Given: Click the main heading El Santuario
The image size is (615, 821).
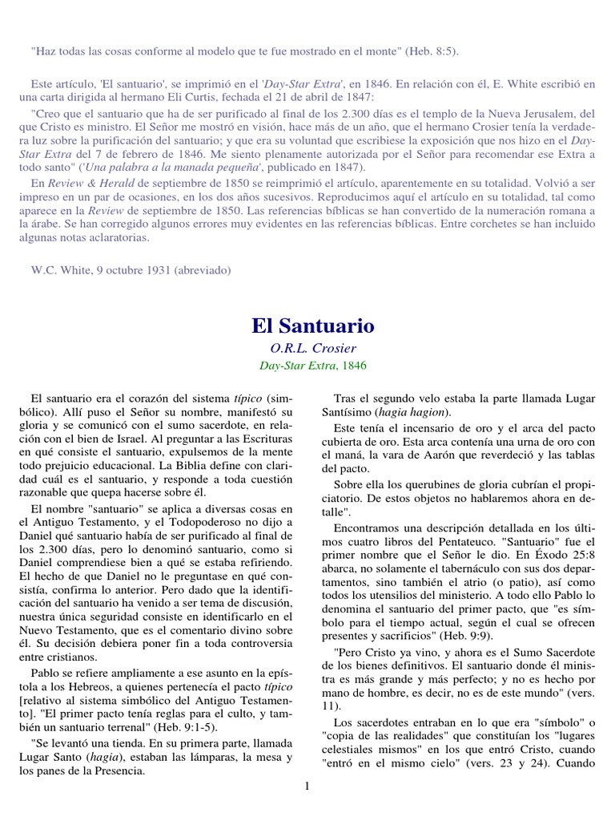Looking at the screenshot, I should pyautogui.click(x=312, y=326).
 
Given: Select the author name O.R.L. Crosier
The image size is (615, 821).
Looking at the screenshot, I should pyautogui.click(x=312, y=349).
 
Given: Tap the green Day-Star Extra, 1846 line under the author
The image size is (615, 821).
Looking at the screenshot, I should pyautogui.click(x=312, y=365).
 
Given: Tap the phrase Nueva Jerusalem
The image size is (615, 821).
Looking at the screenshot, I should pyautogui.click(x=518, y=113).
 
